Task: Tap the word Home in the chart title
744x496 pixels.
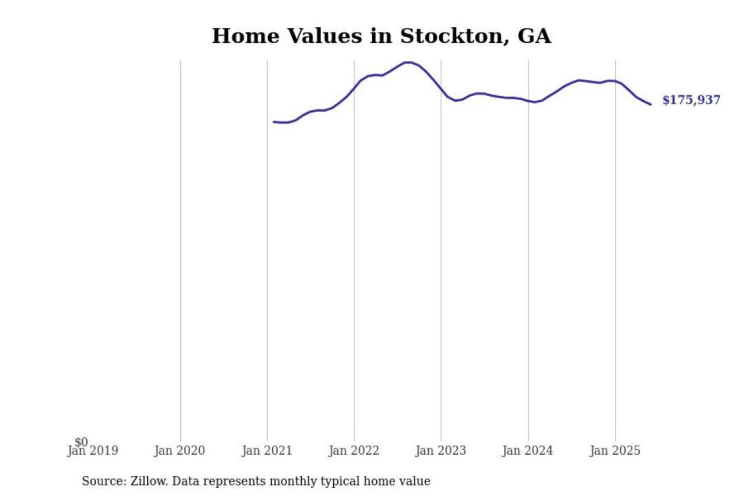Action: pos(246,36)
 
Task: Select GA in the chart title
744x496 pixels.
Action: pos(534,36)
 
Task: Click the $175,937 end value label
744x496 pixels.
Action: pos(691,100)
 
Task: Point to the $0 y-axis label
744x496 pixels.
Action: pos(81,442)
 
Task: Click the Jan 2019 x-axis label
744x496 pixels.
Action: pos(93,451)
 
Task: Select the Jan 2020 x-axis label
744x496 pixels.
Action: pos(179,451)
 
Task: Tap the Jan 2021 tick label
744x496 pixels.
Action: pos(267,451)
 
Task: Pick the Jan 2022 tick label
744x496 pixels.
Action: pos(354,451)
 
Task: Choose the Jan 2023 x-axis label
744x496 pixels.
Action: pos(441,451)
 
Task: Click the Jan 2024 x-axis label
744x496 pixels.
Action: pos(528,451)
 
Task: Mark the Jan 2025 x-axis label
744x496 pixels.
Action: pos(615,451)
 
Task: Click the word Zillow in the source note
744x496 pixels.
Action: pos(149,482)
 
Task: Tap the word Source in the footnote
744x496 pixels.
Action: pos(103,482)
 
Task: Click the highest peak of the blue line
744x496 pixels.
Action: pos(408,63)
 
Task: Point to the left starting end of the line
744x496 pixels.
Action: pos(274,122)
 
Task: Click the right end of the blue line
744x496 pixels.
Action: pos(650,104)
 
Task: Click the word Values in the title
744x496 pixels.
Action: pos(317,36)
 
